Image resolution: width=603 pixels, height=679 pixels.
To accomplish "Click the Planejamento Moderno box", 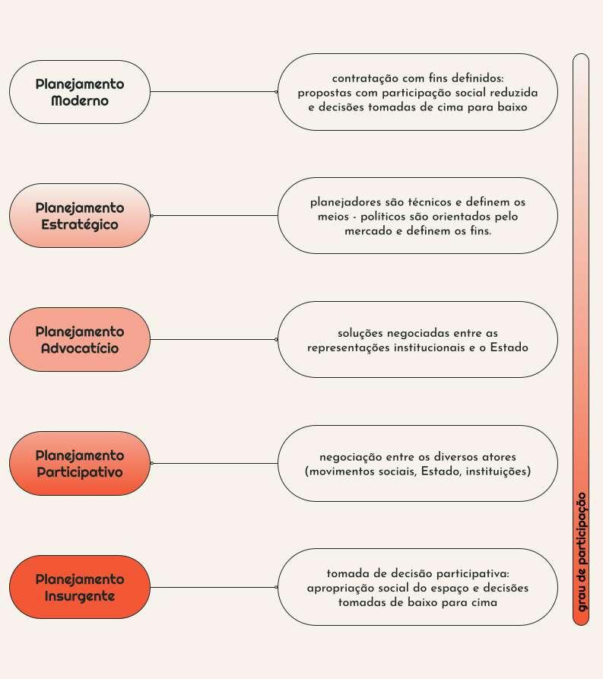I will (79, 92).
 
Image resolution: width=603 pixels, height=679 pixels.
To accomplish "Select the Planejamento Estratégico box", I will (79, 216).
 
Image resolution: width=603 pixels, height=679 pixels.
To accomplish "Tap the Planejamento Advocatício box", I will (79, 340).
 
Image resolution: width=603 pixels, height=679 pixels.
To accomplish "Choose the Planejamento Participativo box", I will (79, 464).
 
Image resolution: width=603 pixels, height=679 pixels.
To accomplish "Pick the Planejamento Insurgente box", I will (79, 587).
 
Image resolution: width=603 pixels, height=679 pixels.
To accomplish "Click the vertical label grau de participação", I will (582, 550).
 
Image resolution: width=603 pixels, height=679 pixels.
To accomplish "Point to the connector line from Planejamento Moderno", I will (214, 92).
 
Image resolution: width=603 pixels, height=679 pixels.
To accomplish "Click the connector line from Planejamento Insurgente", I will (214, 587).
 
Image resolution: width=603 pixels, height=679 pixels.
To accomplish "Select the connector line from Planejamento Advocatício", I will (214, 340).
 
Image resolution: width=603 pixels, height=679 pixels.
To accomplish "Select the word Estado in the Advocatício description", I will (508, 347).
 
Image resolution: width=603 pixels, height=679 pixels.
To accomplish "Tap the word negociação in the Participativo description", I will (352, 457).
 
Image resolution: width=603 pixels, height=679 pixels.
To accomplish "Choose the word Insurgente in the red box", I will (79, 596).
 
